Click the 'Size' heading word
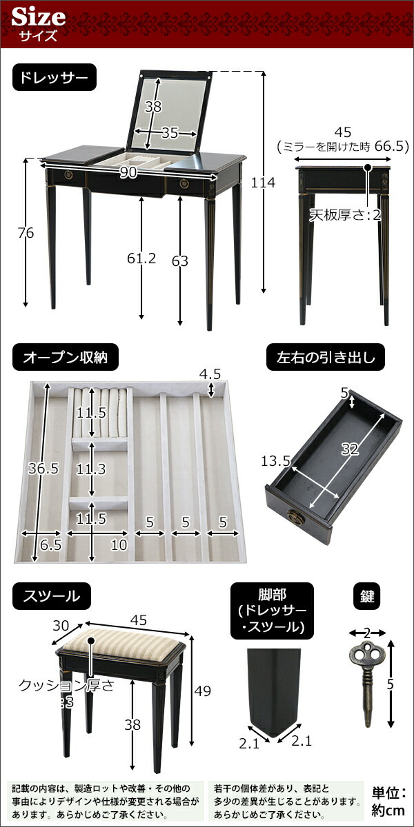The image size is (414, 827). point(39,16)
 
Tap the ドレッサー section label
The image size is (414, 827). point(54,79)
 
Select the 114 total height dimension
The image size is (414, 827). point(264,183)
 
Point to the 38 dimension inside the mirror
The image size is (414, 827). point(153,107)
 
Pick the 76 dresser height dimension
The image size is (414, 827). point(26,233)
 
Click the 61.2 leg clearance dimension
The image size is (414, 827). point(142,258)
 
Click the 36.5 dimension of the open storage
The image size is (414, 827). point(43,469)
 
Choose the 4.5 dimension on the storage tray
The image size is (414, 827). point(210,375)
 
